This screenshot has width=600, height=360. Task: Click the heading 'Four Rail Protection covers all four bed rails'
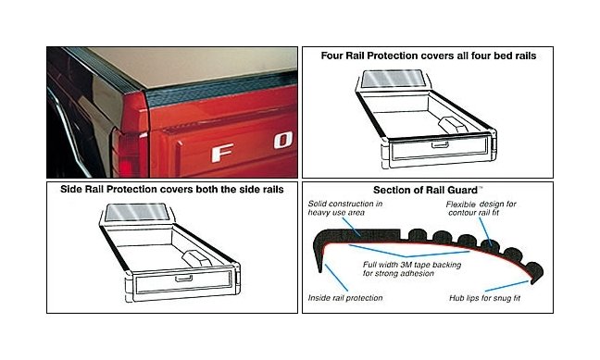pyautogui.click(x=428, y=56)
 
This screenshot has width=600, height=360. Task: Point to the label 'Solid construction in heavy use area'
pyautogui.click(x=348, y=207)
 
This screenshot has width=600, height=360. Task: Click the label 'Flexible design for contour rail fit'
pyautogui.click(x=481, y=208)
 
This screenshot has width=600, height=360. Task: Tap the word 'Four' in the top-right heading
pyautogui.click(x=333, y=56)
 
